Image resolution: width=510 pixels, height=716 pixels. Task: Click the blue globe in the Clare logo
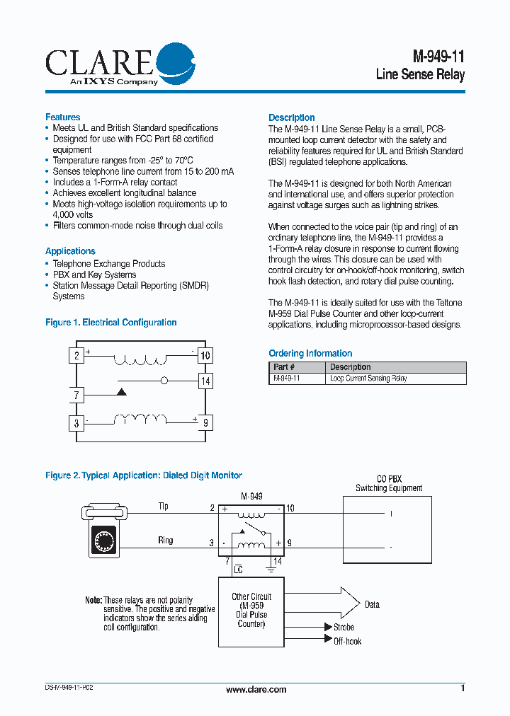[x=174, y=62]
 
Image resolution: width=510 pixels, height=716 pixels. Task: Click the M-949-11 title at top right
[x=438, y=57]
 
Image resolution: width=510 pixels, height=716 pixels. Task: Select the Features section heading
[x=63, y=117]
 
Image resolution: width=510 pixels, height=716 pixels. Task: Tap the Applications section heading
[x=70, y=251]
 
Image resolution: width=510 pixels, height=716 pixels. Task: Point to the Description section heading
[x=292, y=117]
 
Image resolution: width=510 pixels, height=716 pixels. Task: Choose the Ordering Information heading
[x=310, y=353]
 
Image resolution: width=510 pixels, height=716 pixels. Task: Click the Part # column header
[x=284, y=367]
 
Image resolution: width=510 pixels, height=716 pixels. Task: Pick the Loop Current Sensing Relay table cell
[x=368, y=379]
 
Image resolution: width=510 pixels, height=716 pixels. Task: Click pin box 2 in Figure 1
[x=76, y=355]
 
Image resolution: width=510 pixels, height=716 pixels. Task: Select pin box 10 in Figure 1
[x=205, y=355]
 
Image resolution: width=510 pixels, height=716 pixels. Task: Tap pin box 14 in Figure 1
[x=205, y=381]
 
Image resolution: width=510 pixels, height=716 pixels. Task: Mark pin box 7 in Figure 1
[x=76, y=395]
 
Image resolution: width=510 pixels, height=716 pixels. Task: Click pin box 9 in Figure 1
[x=205, y=424]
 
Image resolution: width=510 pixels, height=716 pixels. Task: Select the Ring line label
[x=165, y=541]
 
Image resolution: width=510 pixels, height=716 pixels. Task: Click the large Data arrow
[x=340, y=603]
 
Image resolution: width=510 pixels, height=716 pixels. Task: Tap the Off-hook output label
[x=348, y=641]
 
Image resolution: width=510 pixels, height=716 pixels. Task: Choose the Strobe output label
[x=344, y=628]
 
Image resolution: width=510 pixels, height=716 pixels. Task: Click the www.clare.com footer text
[x=256, y=689]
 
